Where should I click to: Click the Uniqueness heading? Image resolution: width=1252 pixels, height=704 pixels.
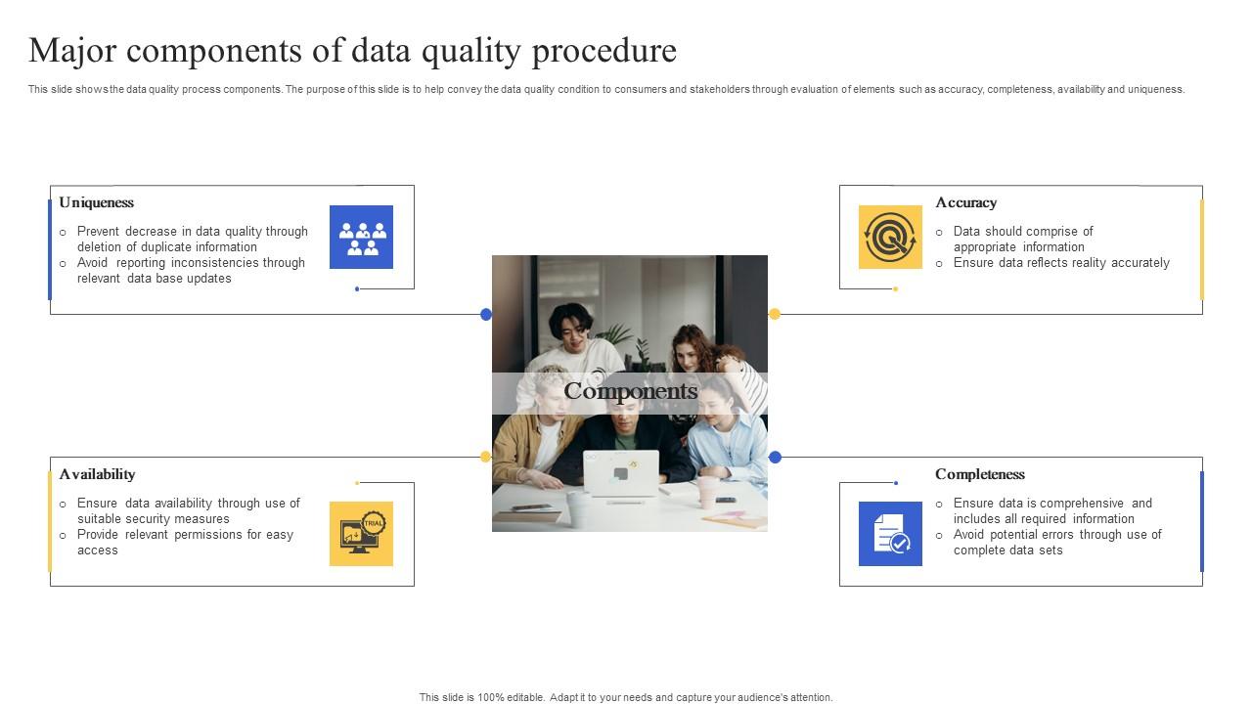[x=96, y=202]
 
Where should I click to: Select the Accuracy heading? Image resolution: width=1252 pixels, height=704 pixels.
[x=965, y=202]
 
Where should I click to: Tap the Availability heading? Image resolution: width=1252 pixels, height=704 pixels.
[x=97, y=474]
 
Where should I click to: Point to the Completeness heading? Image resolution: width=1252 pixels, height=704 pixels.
[x=979, y=474]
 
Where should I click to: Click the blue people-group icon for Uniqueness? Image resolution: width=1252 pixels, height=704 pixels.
[x=361, y=237]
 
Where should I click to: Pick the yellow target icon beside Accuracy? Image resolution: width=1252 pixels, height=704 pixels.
[x=890, y=237]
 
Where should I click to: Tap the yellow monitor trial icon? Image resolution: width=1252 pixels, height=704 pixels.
[x=361, y=534]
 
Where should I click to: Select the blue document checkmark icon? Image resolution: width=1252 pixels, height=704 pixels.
[x=890, y=534]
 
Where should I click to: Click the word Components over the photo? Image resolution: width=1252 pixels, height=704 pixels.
[x=631, y=391]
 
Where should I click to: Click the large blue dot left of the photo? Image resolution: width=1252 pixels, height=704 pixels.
[x=486, y=314]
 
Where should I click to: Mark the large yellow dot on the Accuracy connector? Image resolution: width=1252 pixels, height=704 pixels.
[x=775, y=314]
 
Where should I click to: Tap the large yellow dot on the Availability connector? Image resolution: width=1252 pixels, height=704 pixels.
[x=485, y=457]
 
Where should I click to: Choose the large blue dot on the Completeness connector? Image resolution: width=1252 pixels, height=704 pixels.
[x=775, y=457]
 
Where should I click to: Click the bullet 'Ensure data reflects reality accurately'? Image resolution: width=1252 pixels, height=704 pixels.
[x=1061, y=263]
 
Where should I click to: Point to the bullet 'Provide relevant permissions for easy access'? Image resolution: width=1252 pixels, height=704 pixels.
[x=185, y=543]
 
